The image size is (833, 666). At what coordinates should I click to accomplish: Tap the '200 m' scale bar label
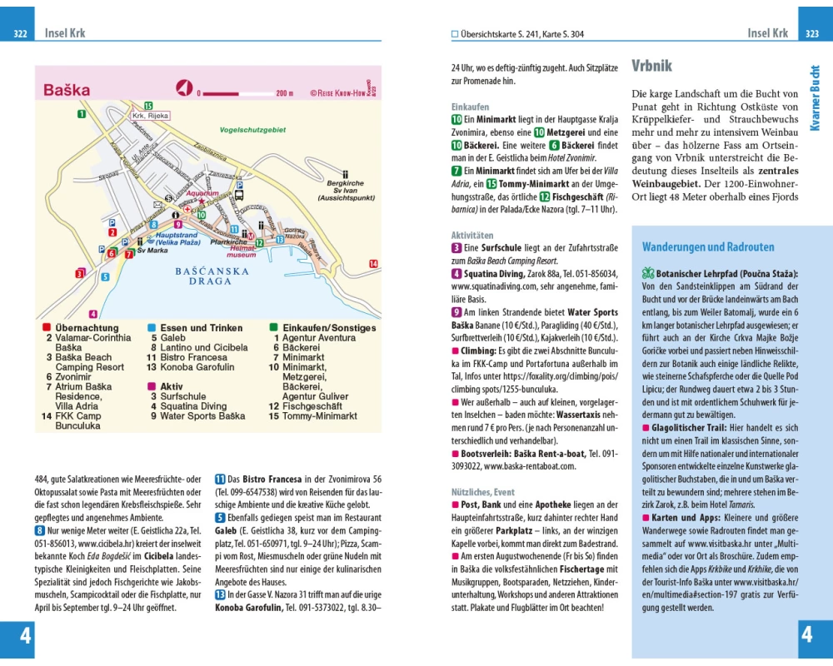pos(285,93)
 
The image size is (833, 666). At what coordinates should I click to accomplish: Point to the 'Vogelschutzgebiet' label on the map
pos(252,130)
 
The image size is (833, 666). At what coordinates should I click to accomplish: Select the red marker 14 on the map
pos(373,264)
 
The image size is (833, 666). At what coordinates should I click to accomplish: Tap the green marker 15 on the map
pos(148,105)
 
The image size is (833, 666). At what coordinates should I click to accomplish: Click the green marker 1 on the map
pos(82,114)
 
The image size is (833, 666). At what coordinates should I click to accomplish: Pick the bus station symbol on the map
pos(240,196)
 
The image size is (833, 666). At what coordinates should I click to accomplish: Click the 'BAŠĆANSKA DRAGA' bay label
pos(212,276)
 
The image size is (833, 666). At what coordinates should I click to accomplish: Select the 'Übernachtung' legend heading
pos(87,328)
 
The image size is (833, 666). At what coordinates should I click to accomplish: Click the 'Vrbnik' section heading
pos(651,66)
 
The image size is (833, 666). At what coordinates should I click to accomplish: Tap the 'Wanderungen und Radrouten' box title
pos(708,247)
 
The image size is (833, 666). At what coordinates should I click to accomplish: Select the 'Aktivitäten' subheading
pos(472,236)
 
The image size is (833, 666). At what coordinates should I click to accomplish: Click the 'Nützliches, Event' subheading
pos(482,492)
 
